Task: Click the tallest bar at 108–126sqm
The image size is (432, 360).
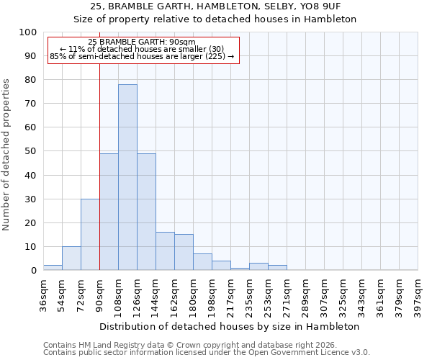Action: click(x=127, y=177)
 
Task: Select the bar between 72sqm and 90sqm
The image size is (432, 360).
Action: click(x=90, y=235)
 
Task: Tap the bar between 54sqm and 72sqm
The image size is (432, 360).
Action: click(x=71, y=258)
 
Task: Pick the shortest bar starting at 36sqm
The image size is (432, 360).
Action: click(x=53, y=268)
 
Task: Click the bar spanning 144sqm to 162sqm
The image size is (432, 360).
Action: click(x=165, y=251)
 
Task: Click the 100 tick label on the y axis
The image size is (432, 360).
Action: click(x=27, y=32)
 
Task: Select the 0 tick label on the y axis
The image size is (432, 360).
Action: click(x=33, y=270)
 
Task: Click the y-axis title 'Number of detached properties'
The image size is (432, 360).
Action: click(x=7, y=155)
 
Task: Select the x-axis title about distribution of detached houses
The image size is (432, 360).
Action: click(x=230, y=326)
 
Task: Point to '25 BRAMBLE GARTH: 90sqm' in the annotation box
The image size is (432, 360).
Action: click(x=142, y=42)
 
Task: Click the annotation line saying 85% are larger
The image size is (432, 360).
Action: click(x=142, y=56)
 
